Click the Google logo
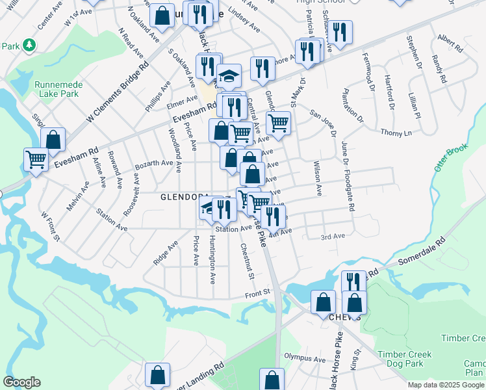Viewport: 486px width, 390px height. point(21,382)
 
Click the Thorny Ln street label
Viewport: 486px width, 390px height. point(396,133)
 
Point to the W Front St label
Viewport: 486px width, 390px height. point(50,226)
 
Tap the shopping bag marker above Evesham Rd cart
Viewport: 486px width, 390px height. point(53,139)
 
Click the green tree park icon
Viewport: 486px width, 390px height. point(28,45)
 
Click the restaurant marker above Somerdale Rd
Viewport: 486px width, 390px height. point(353,282)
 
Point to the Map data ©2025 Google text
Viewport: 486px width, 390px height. point(446,385)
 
